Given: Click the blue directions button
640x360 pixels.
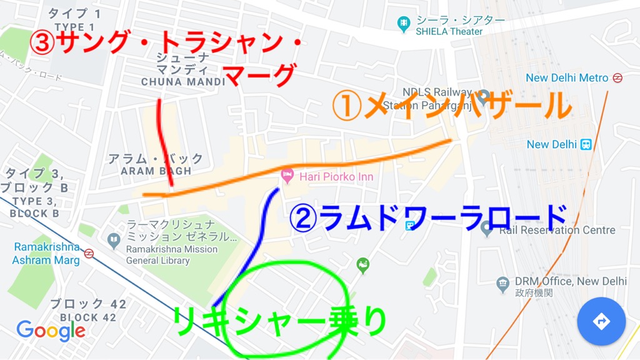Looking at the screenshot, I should coord(601,321).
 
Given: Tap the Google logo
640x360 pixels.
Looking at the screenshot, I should coord(51,331).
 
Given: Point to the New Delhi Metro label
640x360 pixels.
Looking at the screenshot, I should coord(567,78).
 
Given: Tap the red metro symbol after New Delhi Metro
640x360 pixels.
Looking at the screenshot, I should coord(617,78).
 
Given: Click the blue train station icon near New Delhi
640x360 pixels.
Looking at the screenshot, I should coord(586,144).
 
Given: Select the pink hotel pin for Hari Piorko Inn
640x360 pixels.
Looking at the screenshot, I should coord(287,176).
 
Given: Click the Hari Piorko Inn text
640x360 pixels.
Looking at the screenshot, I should coord(336,177).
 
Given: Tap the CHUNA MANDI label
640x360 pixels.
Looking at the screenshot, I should coord(182,82).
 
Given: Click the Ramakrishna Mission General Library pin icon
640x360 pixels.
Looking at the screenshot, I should coord(114,239).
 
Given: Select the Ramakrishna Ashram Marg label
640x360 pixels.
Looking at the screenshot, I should coord(47,254).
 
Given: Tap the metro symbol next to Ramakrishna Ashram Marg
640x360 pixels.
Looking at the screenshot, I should coord(89,254).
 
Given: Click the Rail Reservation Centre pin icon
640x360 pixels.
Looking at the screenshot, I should coord(487,229).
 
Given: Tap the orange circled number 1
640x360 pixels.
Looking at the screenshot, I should coord(344,107).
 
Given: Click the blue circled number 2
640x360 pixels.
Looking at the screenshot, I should coord(302,217).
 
